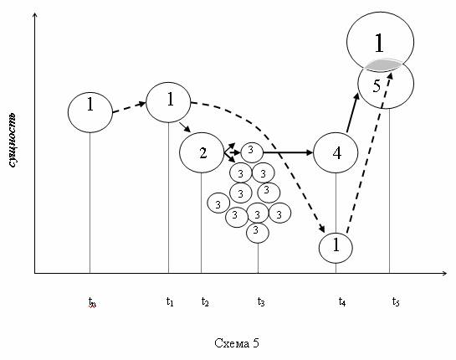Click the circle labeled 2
click(202, 152)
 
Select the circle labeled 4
click(336, 152)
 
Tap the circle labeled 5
click(386, 85)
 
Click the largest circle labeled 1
click(380, 42)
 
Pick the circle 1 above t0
click(90, 112)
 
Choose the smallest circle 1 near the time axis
click(336, 248)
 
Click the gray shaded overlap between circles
click(383, 65)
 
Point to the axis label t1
click(170, 301)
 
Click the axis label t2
click(205, 301)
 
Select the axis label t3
click(261, 301)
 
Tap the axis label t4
click(342, 301)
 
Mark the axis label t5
click(396, 301)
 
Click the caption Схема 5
click(237, 343)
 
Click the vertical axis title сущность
click(13, 141)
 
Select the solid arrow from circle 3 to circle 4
click(288, 152)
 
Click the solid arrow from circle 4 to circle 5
click(353, 113)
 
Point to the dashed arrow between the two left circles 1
click(129, 107)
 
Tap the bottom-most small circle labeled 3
click(258, 233)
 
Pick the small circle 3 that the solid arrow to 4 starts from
click(252, 152)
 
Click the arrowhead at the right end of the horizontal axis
click(444, 273)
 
